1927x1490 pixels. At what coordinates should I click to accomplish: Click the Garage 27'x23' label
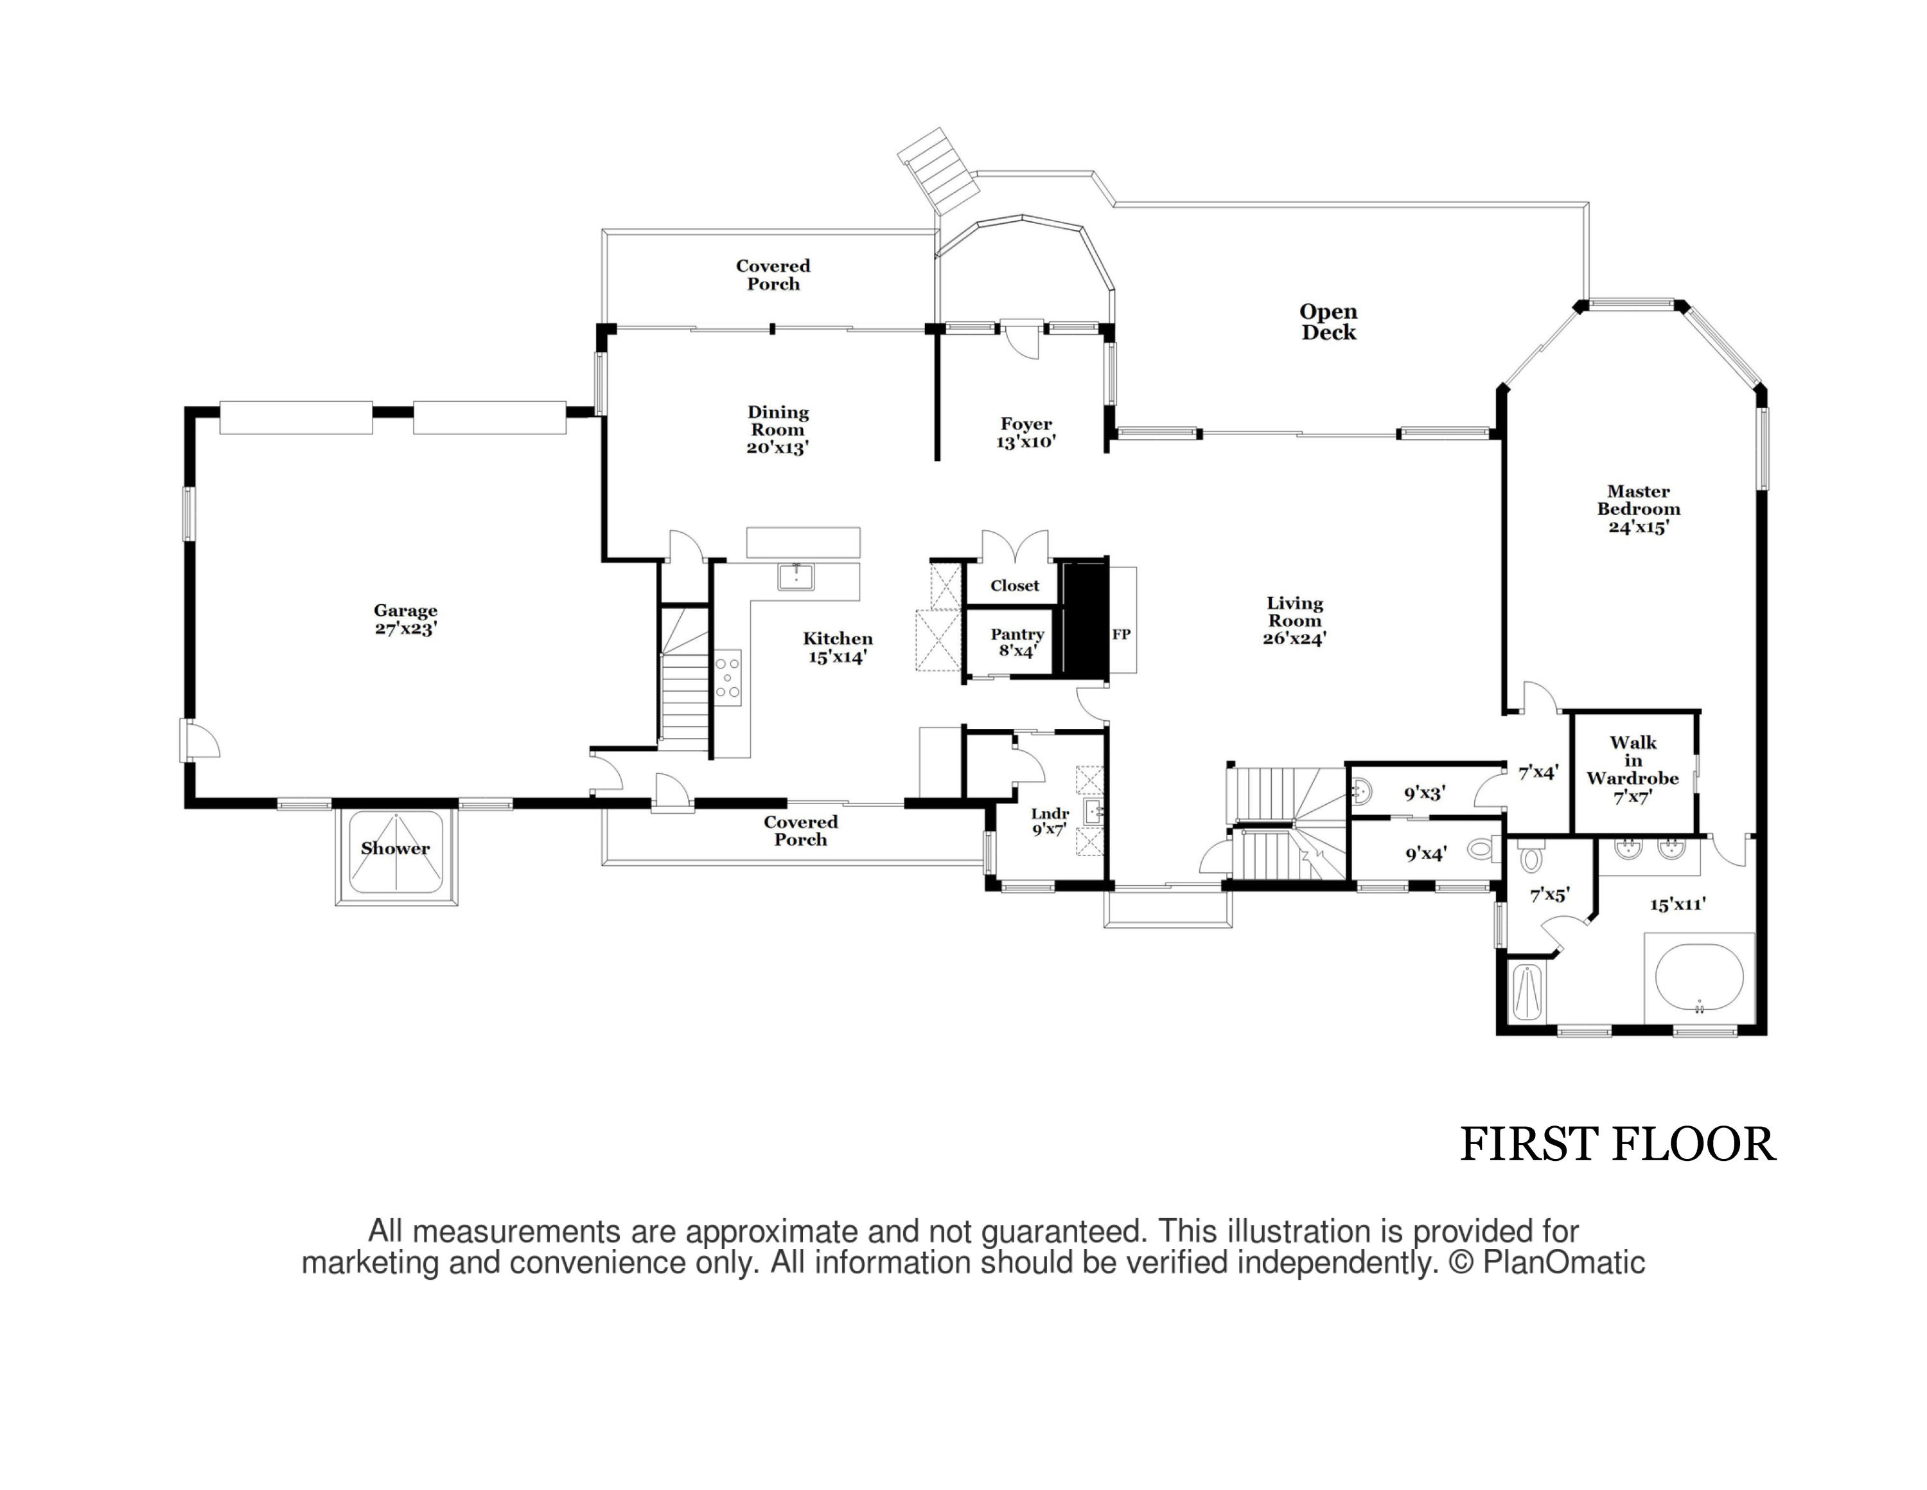point(405,620)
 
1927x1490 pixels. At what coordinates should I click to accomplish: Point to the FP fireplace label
point(1121,634)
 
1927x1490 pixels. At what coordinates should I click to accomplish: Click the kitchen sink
point(796,577)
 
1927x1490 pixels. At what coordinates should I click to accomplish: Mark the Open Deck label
point(1328,322)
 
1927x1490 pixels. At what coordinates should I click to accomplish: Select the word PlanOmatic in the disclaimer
point(1563,1262)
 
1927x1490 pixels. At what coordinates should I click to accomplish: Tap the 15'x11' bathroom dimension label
point(1677,904)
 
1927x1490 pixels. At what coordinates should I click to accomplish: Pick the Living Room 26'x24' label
point(1294,620)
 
